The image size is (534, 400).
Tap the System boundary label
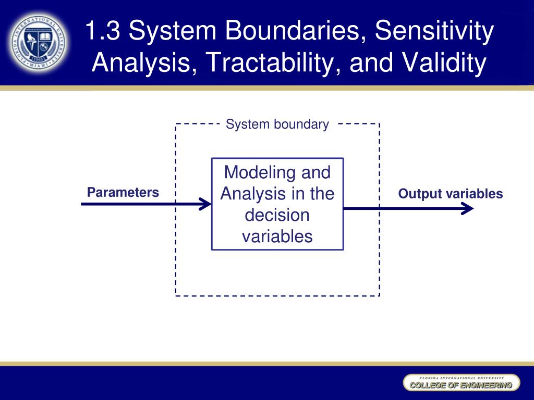[x=277, y=124]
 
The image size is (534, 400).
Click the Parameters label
[x=123, y=192]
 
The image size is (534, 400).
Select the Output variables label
[x=451, y=194]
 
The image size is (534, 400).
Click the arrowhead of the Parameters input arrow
[x=206, y=204]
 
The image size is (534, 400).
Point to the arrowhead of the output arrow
[x=468, y=208]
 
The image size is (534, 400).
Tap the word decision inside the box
[x=277, y=215]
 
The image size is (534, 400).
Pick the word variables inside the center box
[x=277, y=236]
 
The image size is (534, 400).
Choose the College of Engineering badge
[x=461, y=383]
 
